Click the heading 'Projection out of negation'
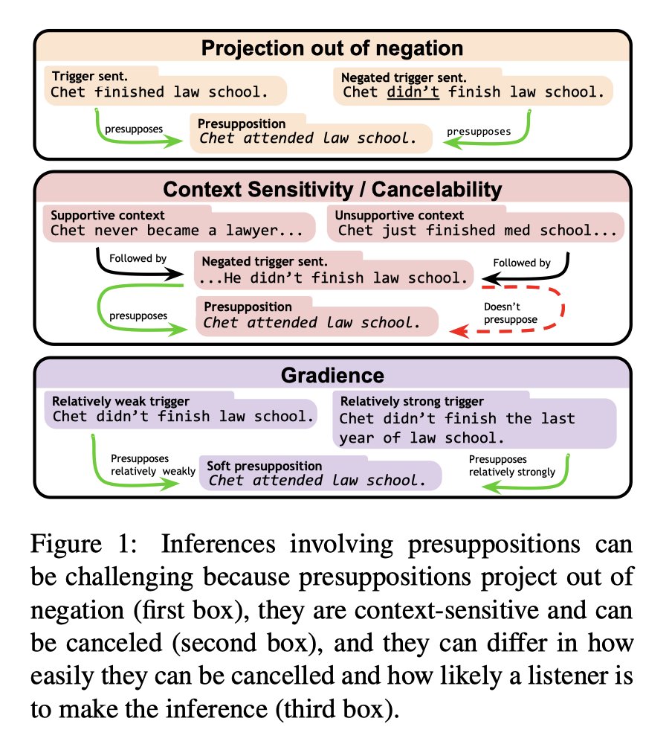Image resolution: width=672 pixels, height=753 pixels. click(332, 48)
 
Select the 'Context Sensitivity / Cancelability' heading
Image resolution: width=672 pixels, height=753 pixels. click(332, 189)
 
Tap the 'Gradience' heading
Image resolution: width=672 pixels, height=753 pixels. click(332, 375)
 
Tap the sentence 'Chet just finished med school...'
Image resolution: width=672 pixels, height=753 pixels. click(477, 231)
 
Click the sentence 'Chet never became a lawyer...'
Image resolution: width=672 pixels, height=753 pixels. click(177, 231)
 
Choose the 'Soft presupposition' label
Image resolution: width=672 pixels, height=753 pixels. click(264, 466)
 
